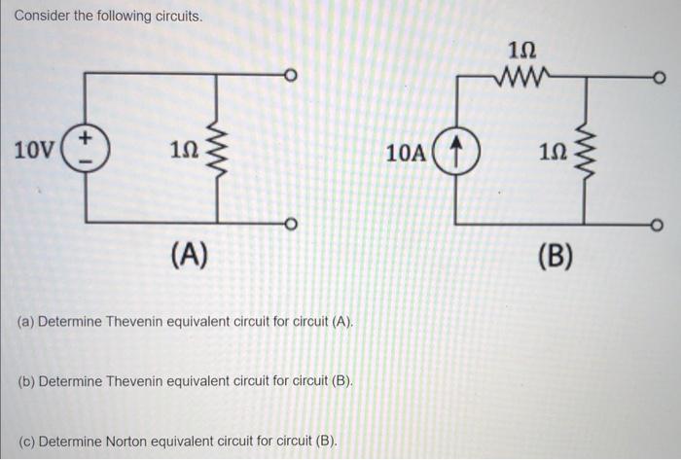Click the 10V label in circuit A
(x=35, y=151)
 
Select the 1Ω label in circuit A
(x=183, y=151)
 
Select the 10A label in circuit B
(x=406, y=153)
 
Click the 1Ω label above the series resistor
(x=522, y=49)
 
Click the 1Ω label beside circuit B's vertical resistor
(x=551, y=153)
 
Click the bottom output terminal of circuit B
(x=660, y=226)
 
